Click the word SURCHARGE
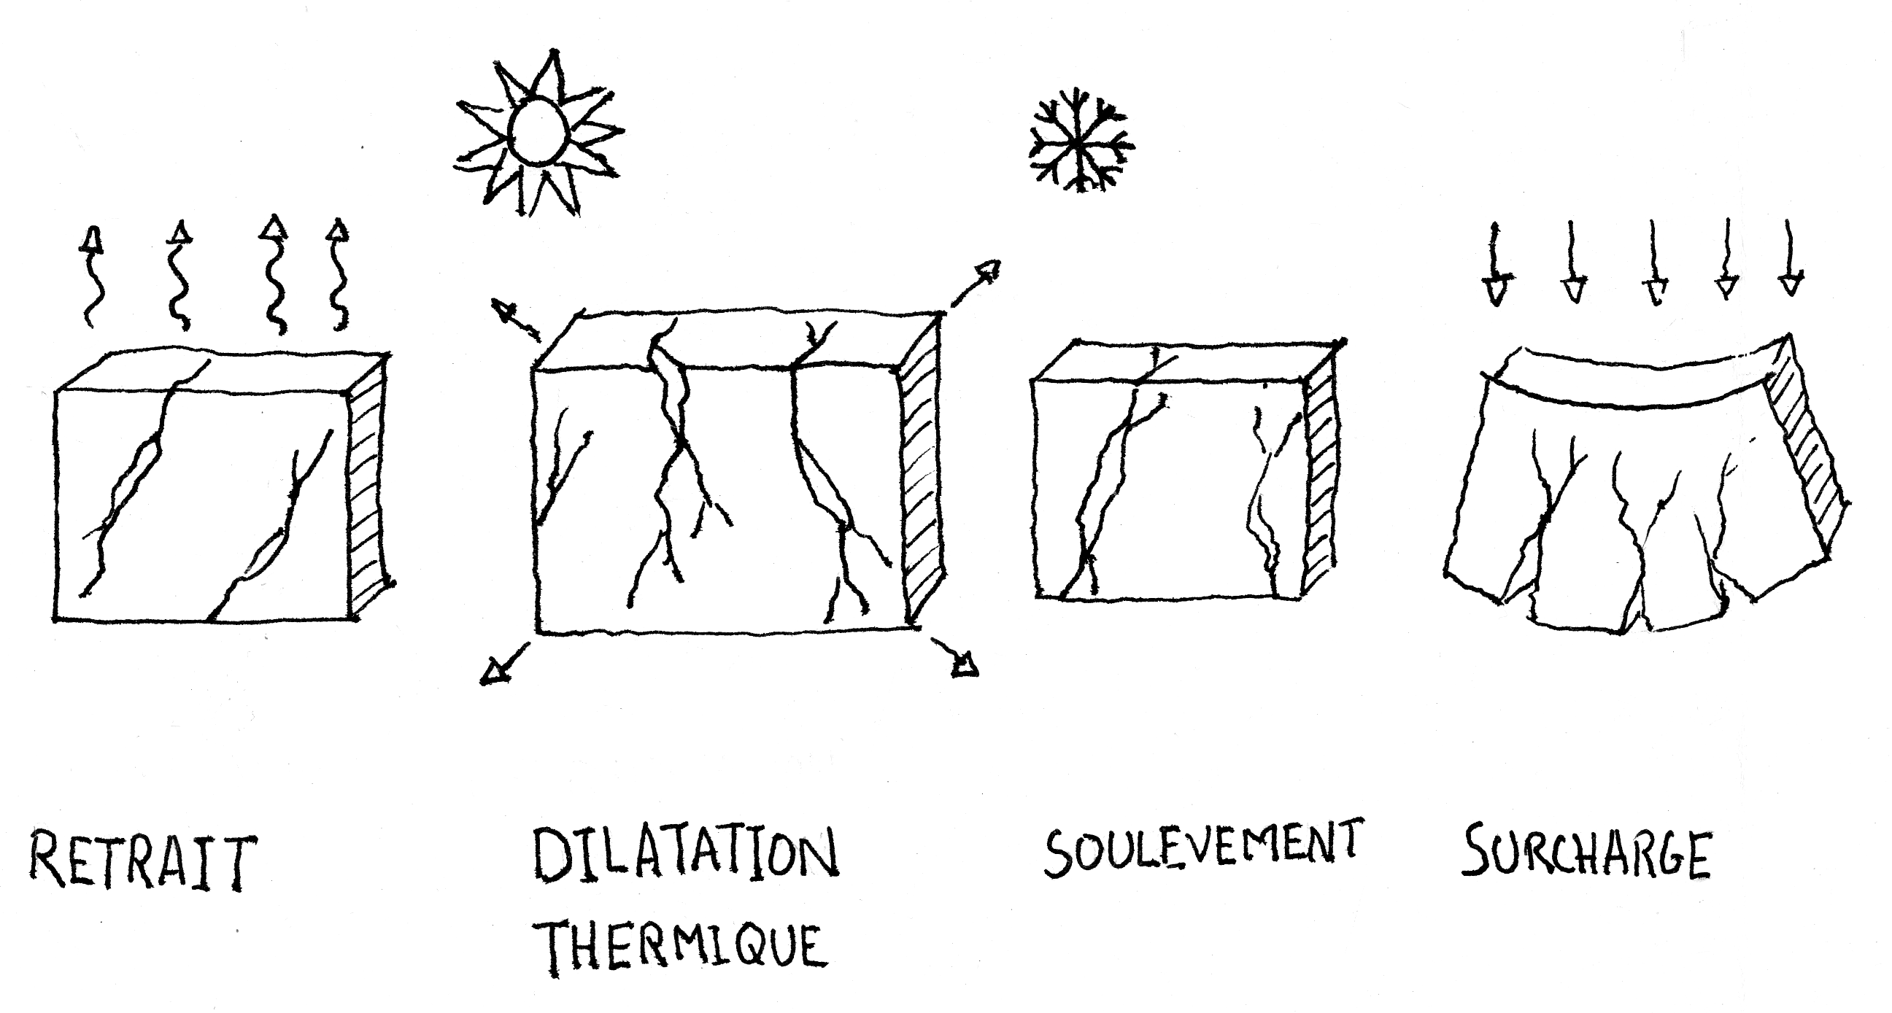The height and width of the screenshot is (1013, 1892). [1586, 854]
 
